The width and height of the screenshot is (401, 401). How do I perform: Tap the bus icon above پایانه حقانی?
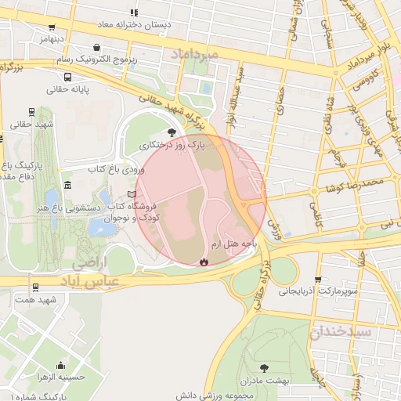pyautogui.click(x=68, y=78)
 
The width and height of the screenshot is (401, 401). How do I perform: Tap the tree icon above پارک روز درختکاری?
pyautogui.click(x=172, y=133)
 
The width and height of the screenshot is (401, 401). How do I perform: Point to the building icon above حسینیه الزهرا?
pyautogui.click(x=61, y=366)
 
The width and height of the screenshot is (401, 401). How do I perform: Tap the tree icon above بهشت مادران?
pyautogui.click(x=263, y=367)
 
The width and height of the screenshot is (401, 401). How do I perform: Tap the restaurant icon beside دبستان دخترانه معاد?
pyautogui.click(x=135, y=13)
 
